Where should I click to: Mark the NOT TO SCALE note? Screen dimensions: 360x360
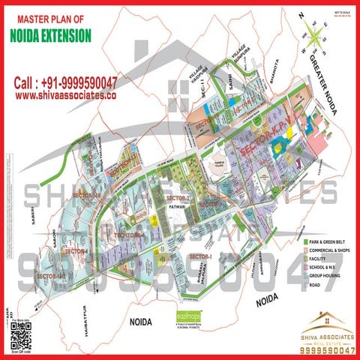(341, 12)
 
